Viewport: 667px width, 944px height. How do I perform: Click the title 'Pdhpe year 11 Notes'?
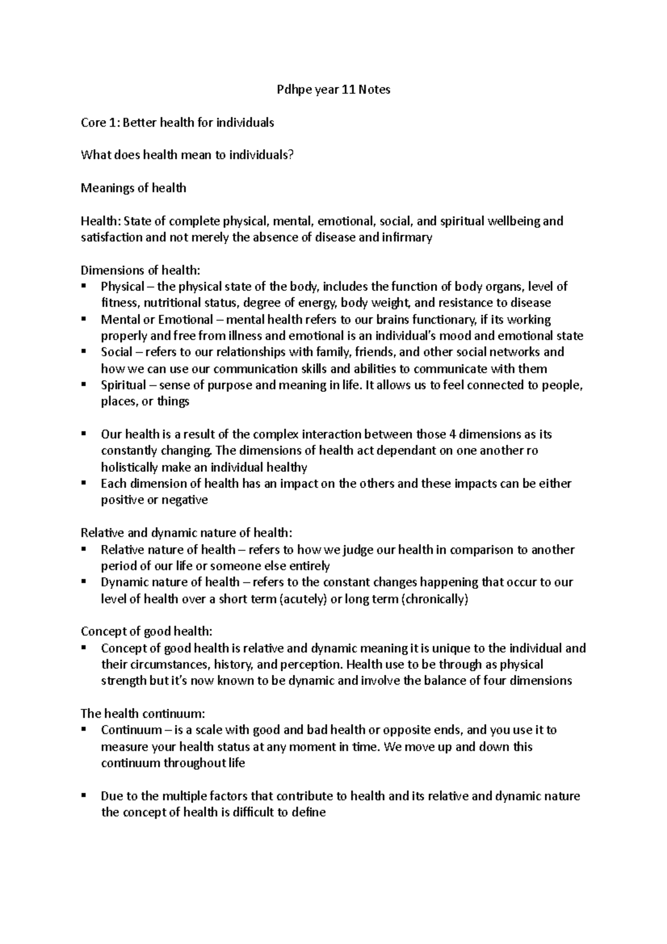click(x=333, y=90)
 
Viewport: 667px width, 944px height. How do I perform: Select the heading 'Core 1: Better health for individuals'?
click(x=177, y=122)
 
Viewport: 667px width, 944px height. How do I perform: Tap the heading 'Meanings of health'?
click(x=133, y=188)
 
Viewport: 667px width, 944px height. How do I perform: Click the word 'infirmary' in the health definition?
click(x=406, y=238)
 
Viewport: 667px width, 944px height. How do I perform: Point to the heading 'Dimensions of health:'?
click(x=140, y=271)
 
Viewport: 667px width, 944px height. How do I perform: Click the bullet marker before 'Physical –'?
click(x=83, y=287)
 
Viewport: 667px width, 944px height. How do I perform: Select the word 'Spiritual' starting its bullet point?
click(x=123, y=385)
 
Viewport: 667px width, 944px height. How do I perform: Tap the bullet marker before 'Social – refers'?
click(x=83, y=352)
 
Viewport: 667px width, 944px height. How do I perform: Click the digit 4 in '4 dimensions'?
click(x=451, y=434)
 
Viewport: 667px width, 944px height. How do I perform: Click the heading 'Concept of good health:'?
click(x=147, y=632)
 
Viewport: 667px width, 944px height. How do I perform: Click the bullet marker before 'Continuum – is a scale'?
click(x=83, y=730)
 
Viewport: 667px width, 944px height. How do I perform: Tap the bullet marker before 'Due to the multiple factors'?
click(x=83, y=796)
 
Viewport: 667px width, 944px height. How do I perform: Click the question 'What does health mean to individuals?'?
click(x=186, y=155)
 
